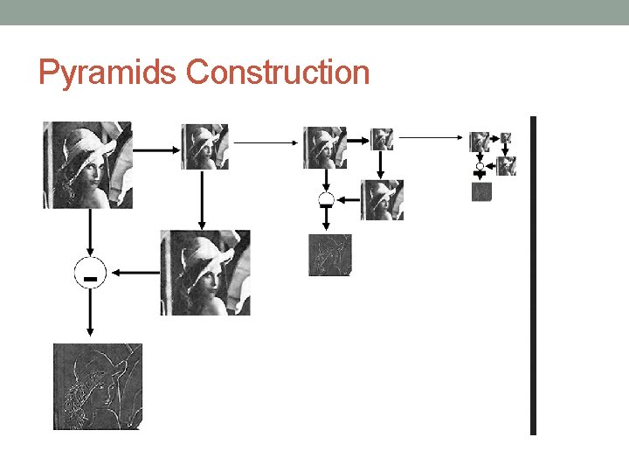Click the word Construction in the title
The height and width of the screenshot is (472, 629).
(x=278, y=72)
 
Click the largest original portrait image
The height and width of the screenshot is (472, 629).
(x=87, y=164)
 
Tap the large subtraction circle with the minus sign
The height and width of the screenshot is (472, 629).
(x=88, y=273)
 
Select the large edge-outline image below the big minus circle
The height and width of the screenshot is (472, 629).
(x=97, y=386)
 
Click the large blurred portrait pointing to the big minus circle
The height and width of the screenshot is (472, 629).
(x=205, y=273)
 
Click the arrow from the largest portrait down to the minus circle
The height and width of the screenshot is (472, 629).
(x=88, y=233)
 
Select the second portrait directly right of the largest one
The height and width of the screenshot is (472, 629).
(x=204, y=146)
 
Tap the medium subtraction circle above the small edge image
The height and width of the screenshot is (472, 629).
(x=326, y=199)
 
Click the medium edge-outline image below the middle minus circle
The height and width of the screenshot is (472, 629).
(x=329, y=254)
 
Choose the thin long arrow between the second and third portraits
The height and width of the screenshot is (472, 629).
(x=266, y=141)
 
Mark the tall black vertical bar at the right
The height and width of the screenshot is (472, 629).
(x=533, y=275)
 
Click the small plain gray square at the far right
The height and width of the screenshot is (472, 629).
(x=482, y=192)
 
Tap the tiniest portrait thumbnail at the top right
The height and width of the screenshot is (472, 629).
(x=506, y=137)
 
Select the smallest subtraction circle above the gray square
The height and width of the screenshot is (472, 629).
(x=480, y=166)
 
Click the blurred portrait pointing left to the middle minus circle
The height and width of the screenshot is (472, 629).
(x=383, y=199)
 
